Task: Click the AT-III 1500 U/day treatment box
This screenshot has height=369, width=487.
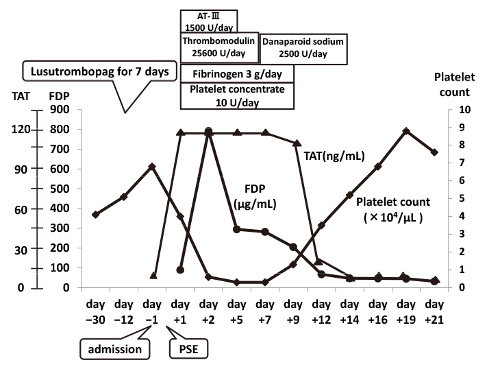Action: coord(208,21)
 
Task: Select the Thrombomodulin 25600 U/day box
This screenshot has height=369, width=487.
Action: coord(219,47)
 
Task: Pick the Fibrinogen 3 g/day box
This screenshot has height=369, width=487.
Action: coord(236,73)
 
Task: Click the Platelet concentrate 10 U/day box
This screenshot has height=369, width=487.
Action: coord(236,95)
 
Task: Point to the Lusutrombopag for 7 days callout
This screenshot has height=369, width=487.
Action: coord(100,71)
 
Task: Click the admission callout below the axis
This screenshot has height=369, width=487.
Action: coord(115,349)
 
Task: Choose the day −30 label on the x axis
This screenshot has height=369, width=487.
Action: coord(96,309)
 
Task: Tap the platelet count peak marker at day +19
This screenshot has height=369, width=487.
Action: coord(406,131)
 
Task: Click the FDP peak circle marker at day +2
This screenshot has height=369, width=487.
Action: coord(209,131)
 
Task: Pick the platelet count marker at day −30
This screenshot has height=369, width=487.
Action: coord(96,215)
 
